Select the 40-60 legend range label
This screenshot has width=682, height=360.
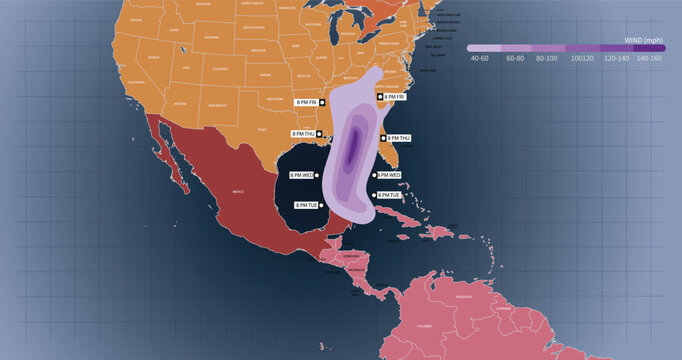click(x=480, y=58)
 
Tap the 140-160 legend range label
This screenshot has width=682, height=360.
click(x=649, y=58)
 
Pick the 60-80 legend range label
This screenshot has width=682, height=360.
click(x=515, y=58)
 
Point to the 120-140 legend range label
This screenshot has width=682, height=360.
click(x=615, y=58)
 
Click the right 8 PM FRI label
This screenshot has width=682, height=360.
click(x=394, y=97)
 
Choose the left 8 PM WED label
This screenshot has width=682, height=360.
click(x=301, y=175)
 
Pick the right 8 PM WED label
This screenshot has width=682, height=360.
click(x=390, y=175)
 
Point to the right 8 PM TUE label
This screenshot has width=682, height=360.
click(x=391, y=195)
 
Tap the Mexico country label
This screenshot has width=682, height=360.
click(x=238, y=190)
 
